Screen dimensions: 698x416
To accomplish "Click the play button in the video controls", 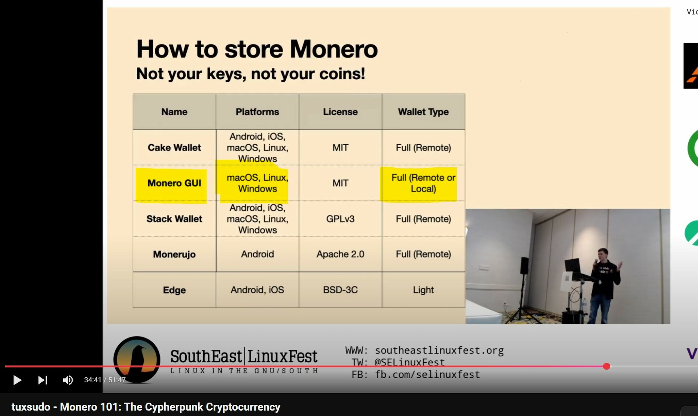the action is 17,380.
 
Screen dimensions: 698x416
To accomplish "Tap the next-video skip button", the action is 43,380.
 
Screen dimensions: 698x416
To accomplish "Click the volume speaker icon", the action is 68,380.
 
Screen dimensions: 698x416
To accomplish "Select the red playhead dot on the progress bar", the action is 607,366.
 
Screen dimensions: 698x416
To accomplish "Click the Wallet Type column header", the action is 423,112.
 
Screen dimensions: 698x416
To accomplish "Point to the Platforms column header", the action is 257,112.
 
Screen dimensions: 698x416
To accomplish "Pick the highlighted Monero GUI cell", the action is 174,183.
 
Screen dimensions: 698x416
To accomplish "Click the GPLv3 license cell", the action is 340,219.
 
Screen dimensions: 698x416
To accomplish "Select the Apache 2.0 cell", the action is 340,254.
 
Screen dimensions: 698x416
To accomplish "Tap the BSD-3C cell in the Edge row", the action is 340,290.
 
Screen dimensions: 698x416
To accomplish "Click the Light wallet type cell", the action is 423,290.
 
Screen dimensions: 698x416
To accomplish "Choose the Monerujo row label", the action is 174,254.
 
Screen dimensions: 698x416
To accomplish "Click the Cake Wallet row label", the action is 174,148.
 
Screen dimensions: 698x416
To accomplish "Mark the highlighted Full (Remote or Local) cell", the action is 423,183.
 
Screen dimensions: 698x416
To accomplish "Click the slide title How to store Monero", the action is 257,49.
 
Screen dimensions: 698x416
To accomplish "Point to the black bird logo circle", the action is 137,360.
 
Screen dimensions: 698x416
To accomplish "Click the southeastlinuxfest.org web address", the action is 439,351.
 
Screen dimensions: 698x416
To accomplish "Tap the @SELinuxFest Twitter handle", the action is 409,363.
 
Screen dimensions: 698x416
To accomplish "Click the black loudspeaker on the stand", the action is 525,265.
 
